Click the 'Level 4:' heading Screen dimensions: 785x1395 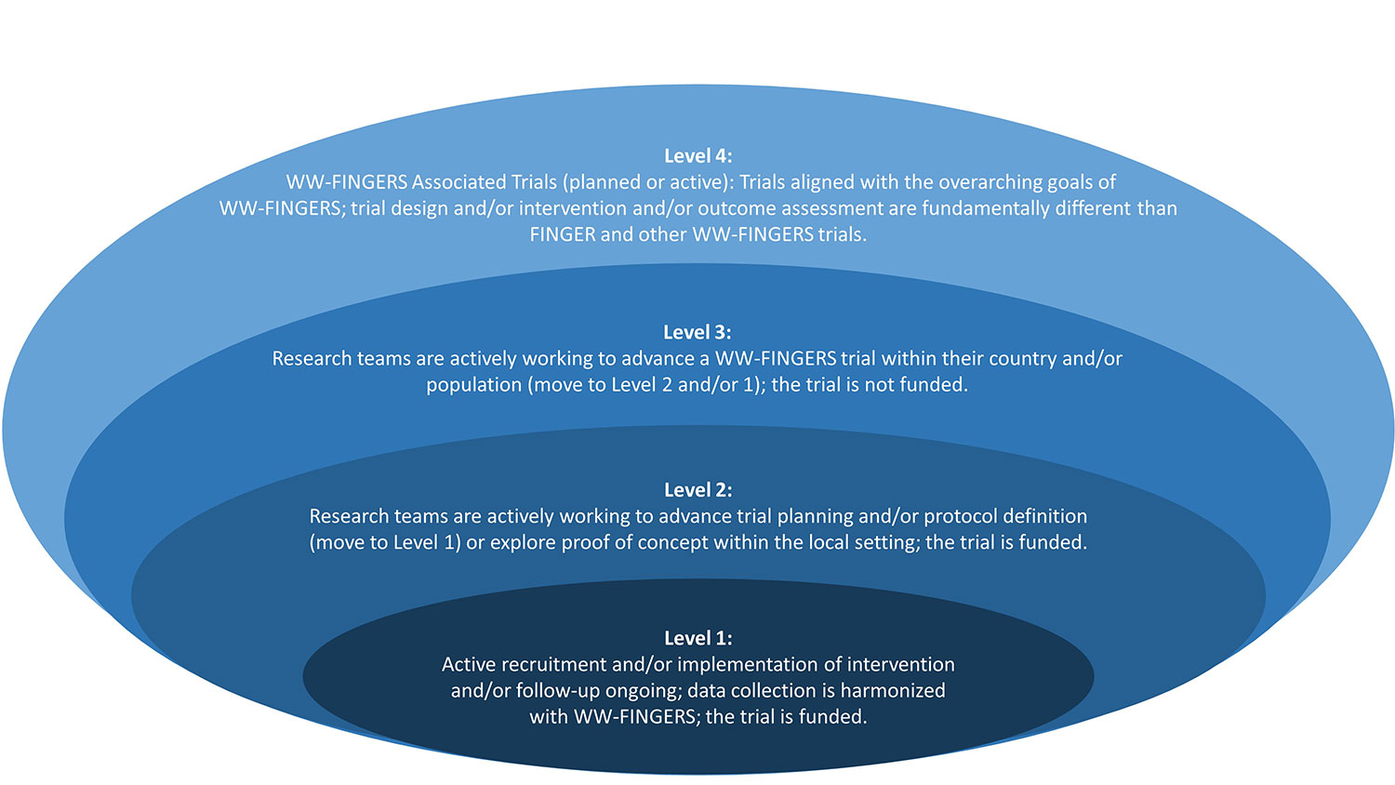coord(697,156)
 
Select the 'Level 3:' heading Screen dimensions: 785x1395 coord(697,332)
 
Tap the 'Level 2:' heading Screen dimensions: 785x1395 coord(697,489)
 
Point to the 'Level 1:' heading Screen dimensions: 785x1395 coord(697,638)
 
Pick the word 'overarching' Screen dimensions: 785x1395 coord(961,182)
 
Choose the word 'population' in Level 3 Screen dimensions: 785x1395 coord(473,385)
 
